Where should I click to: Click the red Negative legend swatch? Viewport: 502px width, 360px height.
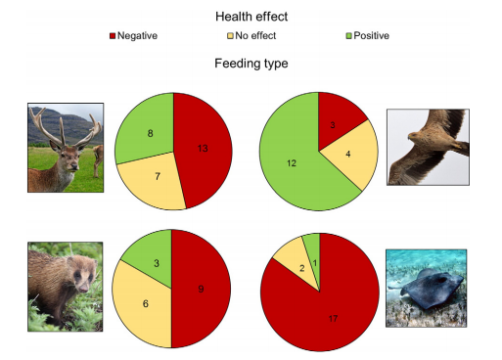pyautogui.click(x=113, y=36)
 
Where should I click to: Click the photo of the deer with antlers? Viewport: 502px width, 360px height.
pyautogui.click(x=66, y=149)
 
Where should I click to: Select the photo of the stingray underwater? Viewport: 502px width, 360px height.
pyautogui.click(x=426, y=288)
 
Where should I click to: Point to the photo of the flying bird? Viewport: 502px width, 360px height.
pyautogui.click(x=426, y=147)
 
